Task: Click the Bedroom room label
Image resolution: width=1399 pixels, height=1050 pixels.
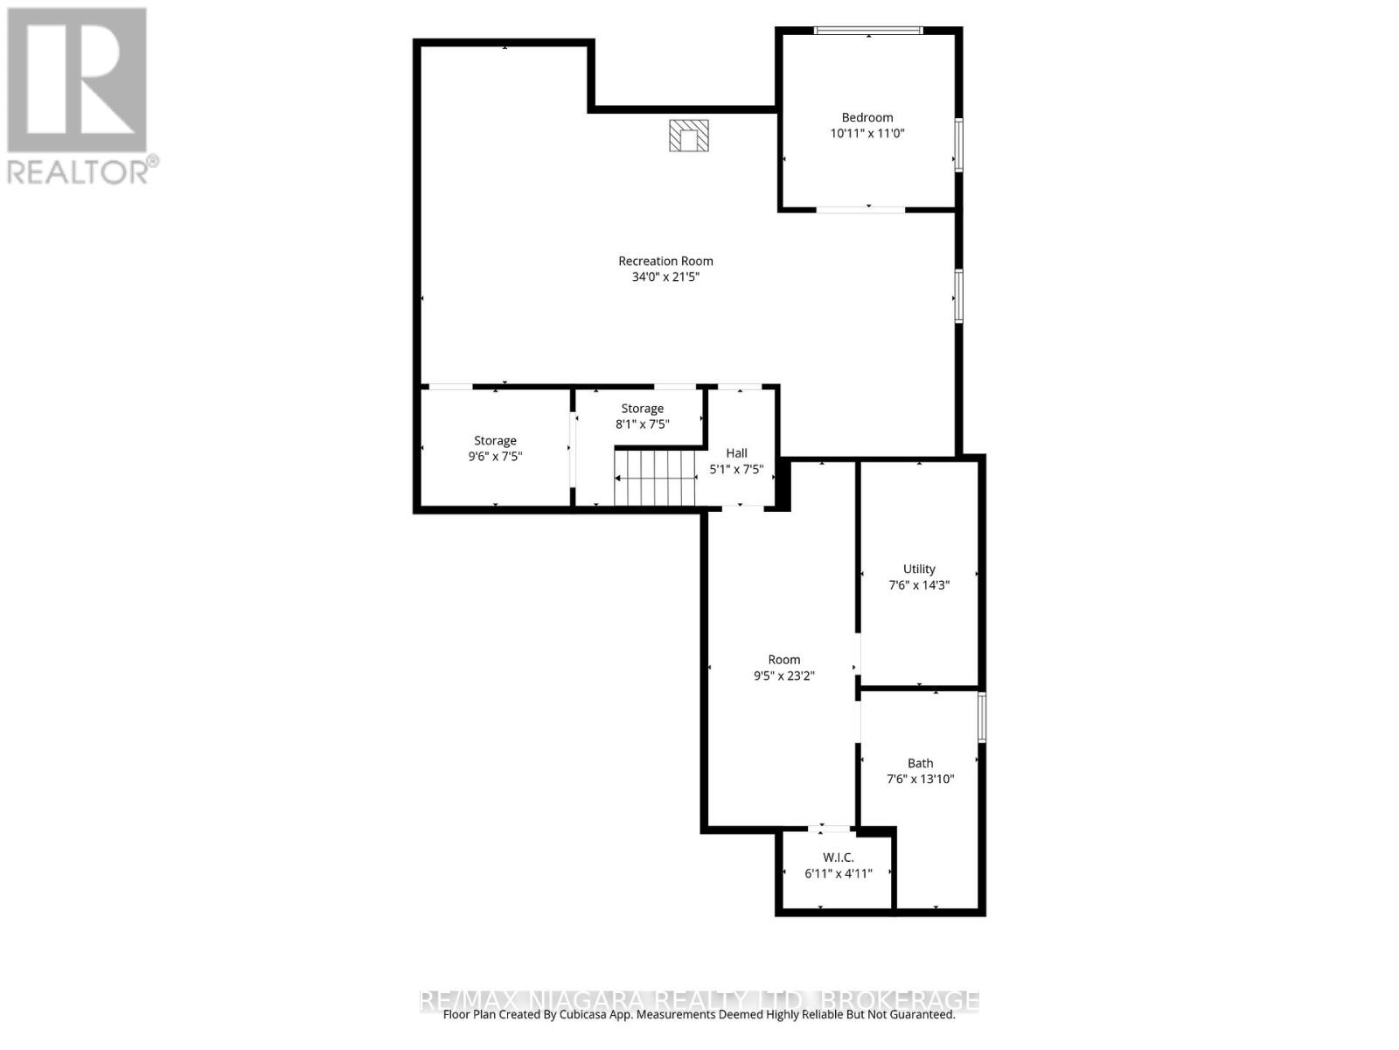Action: [867, 117]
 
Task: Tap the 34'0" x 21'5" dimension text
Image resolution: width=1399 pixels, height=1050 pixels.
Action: [665, 277]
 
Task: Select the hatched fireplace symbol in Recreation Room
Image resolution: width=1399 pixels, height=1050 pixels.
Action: [689, 136]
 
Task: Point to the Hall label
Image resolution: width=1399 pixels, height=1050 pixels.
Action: [736, 453]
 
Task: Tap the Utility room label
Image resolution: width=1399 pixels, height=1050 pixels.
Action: [919, 569]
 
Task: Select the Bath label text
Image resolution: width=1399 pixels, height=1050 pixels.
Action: [920, 763]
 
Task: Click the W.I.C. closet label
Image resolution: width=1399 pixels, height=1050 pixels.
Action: [838, 857]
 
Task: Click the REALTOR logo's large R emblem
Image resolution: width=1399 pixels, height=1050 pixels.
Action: [77, 80]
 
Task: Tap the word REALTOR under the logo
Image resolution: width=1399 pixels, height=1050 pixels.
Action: [77, 171]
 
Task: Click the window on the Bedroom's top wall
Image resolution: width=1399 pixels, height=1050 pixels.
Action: [867, 31]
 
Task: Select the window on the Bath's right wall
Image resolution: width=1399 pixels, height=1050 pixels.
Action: [982, 717]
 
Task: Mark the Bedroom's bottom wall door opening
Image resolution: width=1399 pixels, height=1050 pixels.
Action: [860, 209]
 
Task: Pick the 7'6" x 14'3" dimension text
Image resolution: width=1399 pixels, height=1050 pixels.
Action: [919, 585]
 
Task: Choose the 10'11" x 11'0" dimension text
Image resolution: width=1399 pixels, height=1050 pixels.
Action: [867, 134]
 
